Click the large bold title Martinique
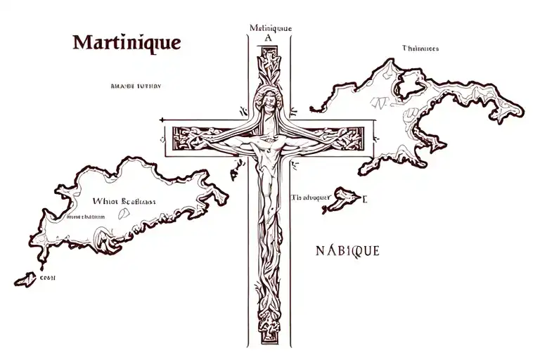[127, 41]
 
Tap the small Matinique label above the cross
[270, 28]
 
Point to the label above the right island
[420, 49]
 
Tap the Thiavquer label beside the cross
[310, 198]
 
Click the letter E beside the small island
[365, 199]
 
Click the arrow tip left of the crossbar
[162, 120]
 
